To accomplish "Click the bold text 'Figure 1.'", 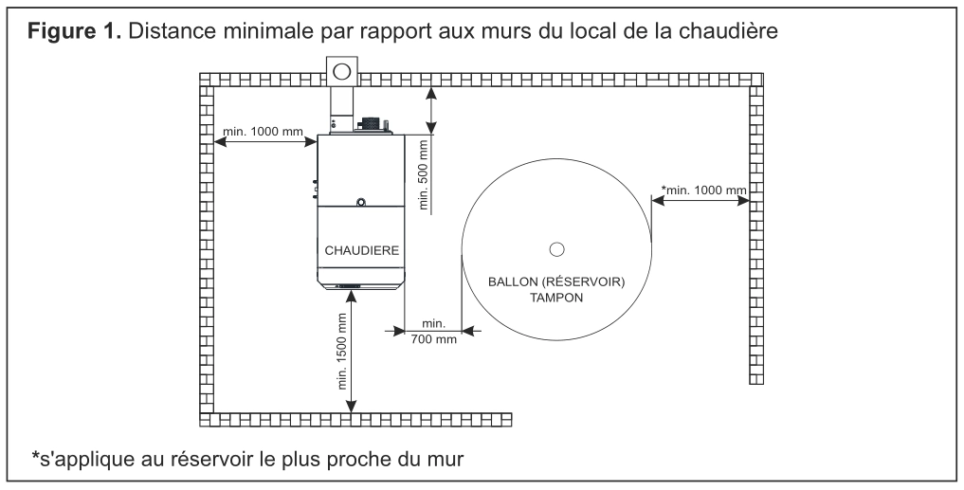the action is (x=74, y=30).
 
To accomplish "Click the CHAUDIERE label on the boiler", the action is (x=361, y=251).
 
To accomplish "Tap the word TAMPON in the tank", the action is (x=555, y=298).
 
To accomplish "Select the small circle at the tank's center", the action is (x=556, y=249).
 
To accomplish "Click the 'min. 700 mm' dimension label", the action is (x=433, y=332).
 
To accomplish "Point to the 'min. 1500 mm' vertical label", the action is (x=342, y=351).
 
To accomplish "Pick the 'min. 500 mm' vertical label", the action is (x=423, y=172).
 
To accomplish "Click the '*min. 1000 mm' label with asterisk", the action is (x=704, y=190).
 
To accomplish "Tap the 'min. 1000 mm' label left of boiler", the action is (x=263, y=132).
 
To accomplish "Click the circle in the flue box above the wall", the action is (x=341, y=72).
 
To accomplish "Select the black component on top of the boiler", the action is (x=372, y=124).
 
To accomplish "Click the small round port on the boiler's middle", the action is (x=361, y=201).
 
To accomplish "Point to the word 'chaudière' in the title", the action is (x=729, y=30).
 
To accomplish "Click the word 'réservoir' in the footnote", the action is (x=202, y=458).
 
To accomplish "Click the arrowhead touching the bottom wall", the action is (x=351, y=407).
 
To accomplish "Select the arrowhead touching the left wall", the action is (x=220, y=142).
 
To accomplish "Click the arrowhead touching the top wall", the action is (x=431, y=93).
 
